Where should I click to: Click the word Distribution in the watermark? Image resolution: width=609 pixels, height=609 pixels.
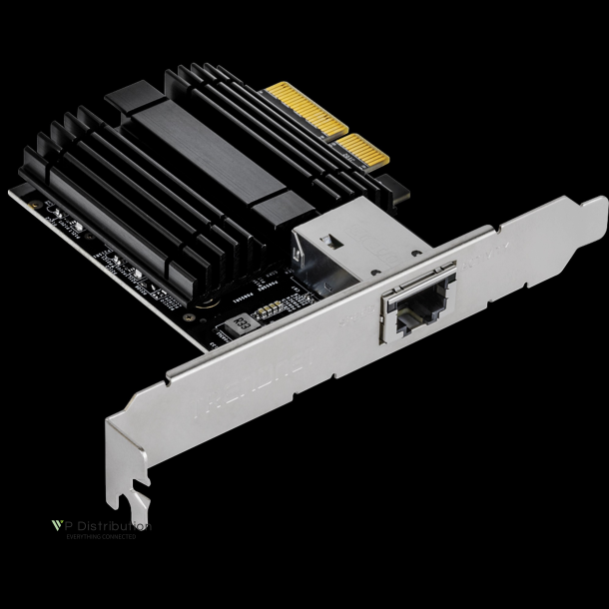(112, 525)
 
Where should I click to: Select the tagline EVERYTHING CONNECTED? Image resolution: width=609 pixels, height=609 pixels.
(100, 537)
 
